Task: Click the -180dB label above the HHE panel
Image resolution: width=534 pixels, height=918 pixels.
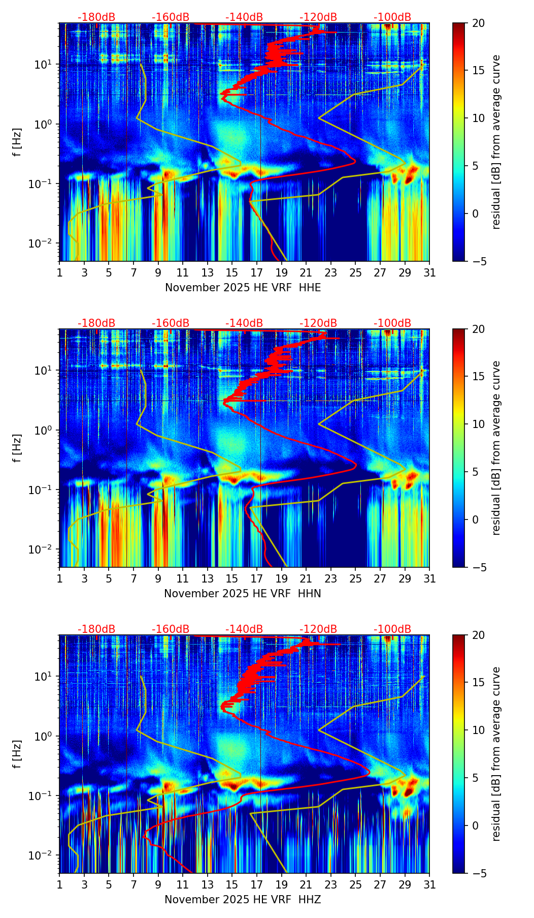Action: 96,17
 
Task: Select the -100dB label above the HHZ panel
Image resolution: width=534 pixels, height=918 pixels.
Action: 392,629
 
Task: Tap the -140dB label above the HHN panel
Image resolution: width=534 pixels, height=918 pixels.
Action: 244,323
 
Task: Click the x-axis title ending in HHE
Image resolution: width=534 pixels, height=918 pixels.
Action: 243,288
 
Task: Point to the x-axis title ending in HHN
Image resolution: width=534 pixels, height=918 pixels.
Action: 243,594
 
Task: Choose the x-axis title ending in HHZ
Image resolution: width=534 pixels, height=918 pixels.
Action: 243,900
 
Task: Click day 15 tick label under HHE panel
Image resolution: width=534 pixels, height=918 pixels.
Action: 232,273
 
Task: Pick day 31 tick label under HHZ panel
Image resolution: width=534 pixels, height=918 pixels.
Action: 429,885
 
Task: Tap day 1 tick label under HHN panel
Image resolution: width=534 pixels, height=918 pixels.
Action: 60,579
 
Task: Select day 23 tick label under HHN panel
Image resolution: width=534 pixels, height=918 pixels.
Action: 330,579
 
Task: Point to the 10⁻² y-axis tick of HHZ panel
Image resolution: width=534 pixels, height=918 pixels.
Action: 46,855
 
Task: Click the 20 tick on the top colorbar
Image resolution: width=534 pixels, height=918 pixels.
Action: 478,23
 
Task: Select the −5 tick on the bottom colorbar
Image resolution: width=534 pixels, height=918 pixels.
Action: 478,873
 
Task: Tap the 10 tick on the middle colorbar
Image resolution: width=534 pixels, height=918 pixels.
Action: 478,424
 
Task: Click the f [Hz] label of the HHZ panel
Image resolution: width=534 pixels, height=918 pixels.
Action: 18,754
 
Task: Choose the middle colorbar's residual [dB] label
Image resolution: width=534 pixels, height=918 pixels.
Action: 496,448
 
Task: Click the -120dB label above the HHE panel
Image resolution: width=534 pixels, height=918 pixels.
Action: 318,17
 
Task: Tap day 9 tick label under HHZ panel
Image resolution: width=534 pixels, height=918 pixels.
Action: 158,885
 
